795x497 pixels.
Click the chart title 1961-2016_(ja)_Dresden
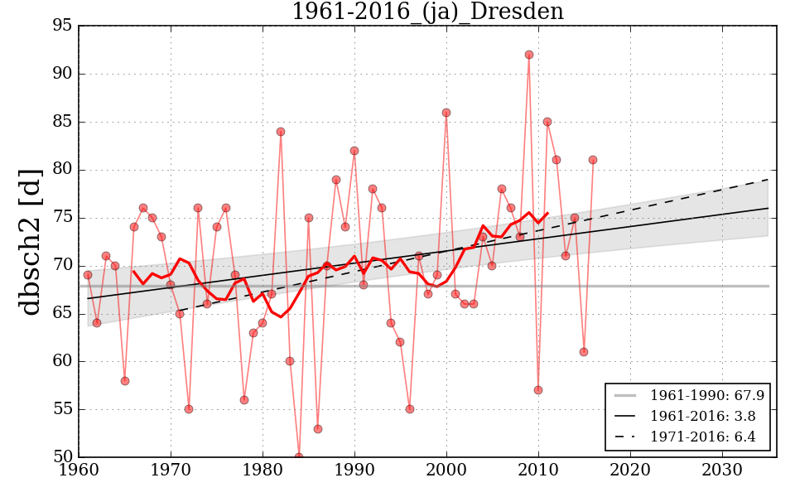427,12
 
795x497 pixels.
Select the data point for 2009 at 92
529,55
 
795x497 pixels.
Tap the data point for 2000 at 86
446,113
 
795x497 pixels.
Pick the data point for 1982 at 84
281,132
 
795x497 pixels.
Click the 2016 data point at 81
593,160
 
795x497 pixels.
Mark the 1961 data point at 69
88,275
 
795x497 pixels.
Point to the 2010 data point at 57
538,390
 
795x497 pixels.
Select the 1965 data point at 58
125,381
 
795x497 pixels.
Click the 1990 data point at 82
354,151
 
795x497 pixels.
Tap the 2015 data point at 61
584,352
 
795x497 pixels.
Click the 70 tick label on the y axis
63,266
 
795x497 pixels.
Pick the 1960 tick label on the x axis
79,470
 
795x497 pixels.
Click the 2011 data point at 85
547,122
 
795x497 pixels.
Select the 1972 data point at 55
189,409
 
